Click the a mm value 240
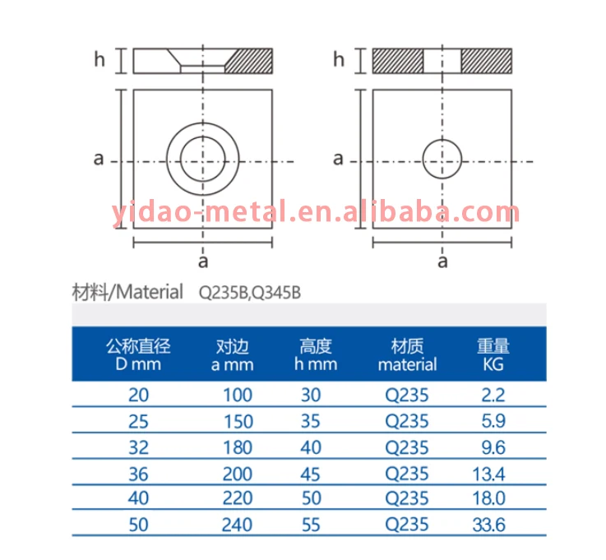[238, 524]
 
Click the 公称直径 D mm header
[140, 354]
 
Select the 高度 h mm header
[316, 354]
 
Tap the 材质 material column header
[407, 354]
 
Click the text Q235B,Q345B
[244, 293]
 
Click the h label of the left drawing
[99, 60]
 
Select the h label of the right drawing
[339, 60]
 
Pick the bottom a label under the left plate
[202, 261]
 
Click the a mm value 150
[238, 420]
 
